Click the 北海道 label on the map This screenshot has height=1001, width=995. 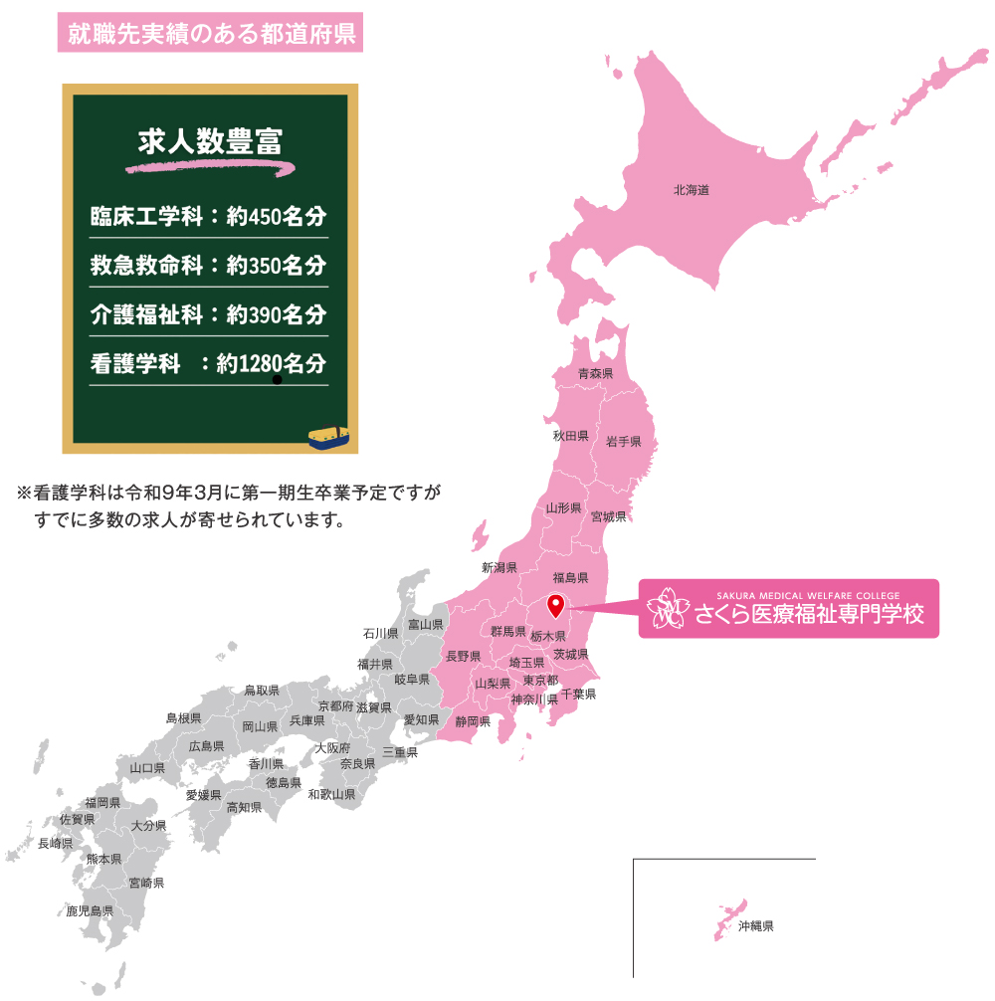(691, 189)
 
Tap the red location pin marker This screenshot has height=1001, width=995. (556, 603)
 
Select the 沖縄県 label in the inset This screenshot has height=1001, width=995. (756, 926)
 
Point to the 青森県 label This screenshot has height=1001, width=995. (596, 374)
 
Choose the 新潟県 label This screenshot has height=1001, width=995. (499, 568)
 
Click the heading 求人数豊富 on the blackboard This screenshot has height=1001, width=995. (210, 140)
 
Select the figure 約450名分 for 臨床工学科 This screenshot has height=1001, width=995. (277, 216)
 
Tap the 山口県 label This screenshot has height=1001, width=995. (147, 769)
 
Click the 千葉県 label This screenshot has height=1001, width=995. (578, 694)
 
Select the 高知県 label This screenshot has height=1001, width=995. (244, 807)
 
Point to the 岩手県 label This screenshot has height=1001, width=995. (624, 441)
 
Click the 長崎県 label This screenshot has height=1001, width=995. (56, 843)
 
